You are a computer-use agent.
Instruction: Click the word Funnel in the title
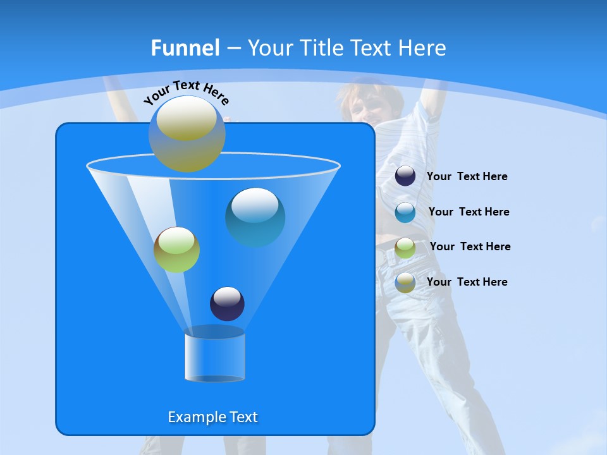(x=185, y=48)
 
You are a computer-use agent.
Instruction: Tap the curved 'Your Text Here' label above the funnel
(x=186, y=92)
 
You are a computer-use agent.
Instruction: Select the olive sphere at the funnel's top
(x=187, y=134)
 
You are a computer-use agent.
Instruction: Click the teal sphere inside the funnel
(x=255, y=217)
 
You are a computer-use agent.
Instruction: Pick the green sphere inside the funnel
(x=176, y=250)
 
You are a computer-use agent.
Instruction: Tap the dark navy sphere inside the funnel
(x=227, y=303)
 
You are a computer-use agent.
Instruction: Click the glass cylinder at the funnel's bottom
(x=214, y=355)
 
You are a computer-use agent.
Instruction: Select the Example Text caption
(x=212, y=417)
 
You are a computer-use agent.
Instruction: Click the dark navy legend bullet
(x=405, y=176)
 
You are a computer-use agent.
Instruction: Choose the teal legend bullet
(x=405, y=212)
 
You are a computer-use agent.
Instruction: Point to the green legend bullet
(x=405, y=247)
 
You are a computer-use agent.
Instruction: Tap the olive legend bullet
(x=405, y=282)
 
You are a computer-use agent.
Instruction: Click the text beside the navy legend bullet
(x=467, y=176)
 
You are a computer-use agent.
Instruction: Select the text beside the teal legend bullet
(x=469, y=212)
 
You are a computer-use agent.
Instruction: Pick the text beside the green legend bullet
(x=470, y=246)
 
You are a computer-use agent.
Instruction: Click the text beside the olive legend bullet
(x=467, y=282)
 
